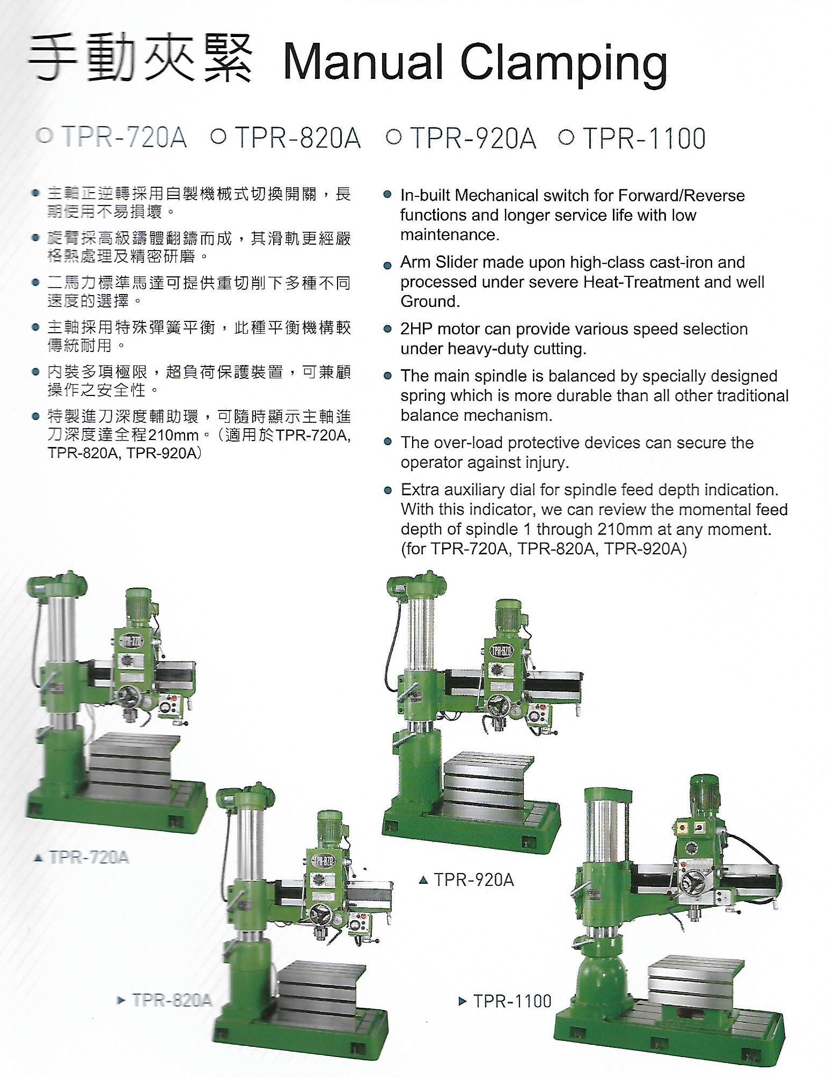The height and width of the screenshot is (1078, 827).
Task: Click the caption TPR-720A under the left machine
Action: tap(89, 857)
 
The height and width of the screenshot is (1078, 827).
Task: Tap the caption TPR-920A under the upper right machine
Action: tap(474, 879)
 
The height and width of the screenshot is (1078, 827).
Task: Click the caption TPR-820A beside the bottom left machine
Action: tap(172, 1000)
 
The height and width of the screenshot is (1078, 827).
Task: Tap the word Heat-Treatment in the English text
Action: tap(633, 282)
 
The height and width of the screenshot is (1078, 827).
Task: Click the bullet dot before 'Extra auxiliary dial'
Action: tap(388, 490)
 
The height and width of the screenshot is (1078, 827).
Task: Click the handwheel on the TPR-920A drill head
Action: tap(500, 707)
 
